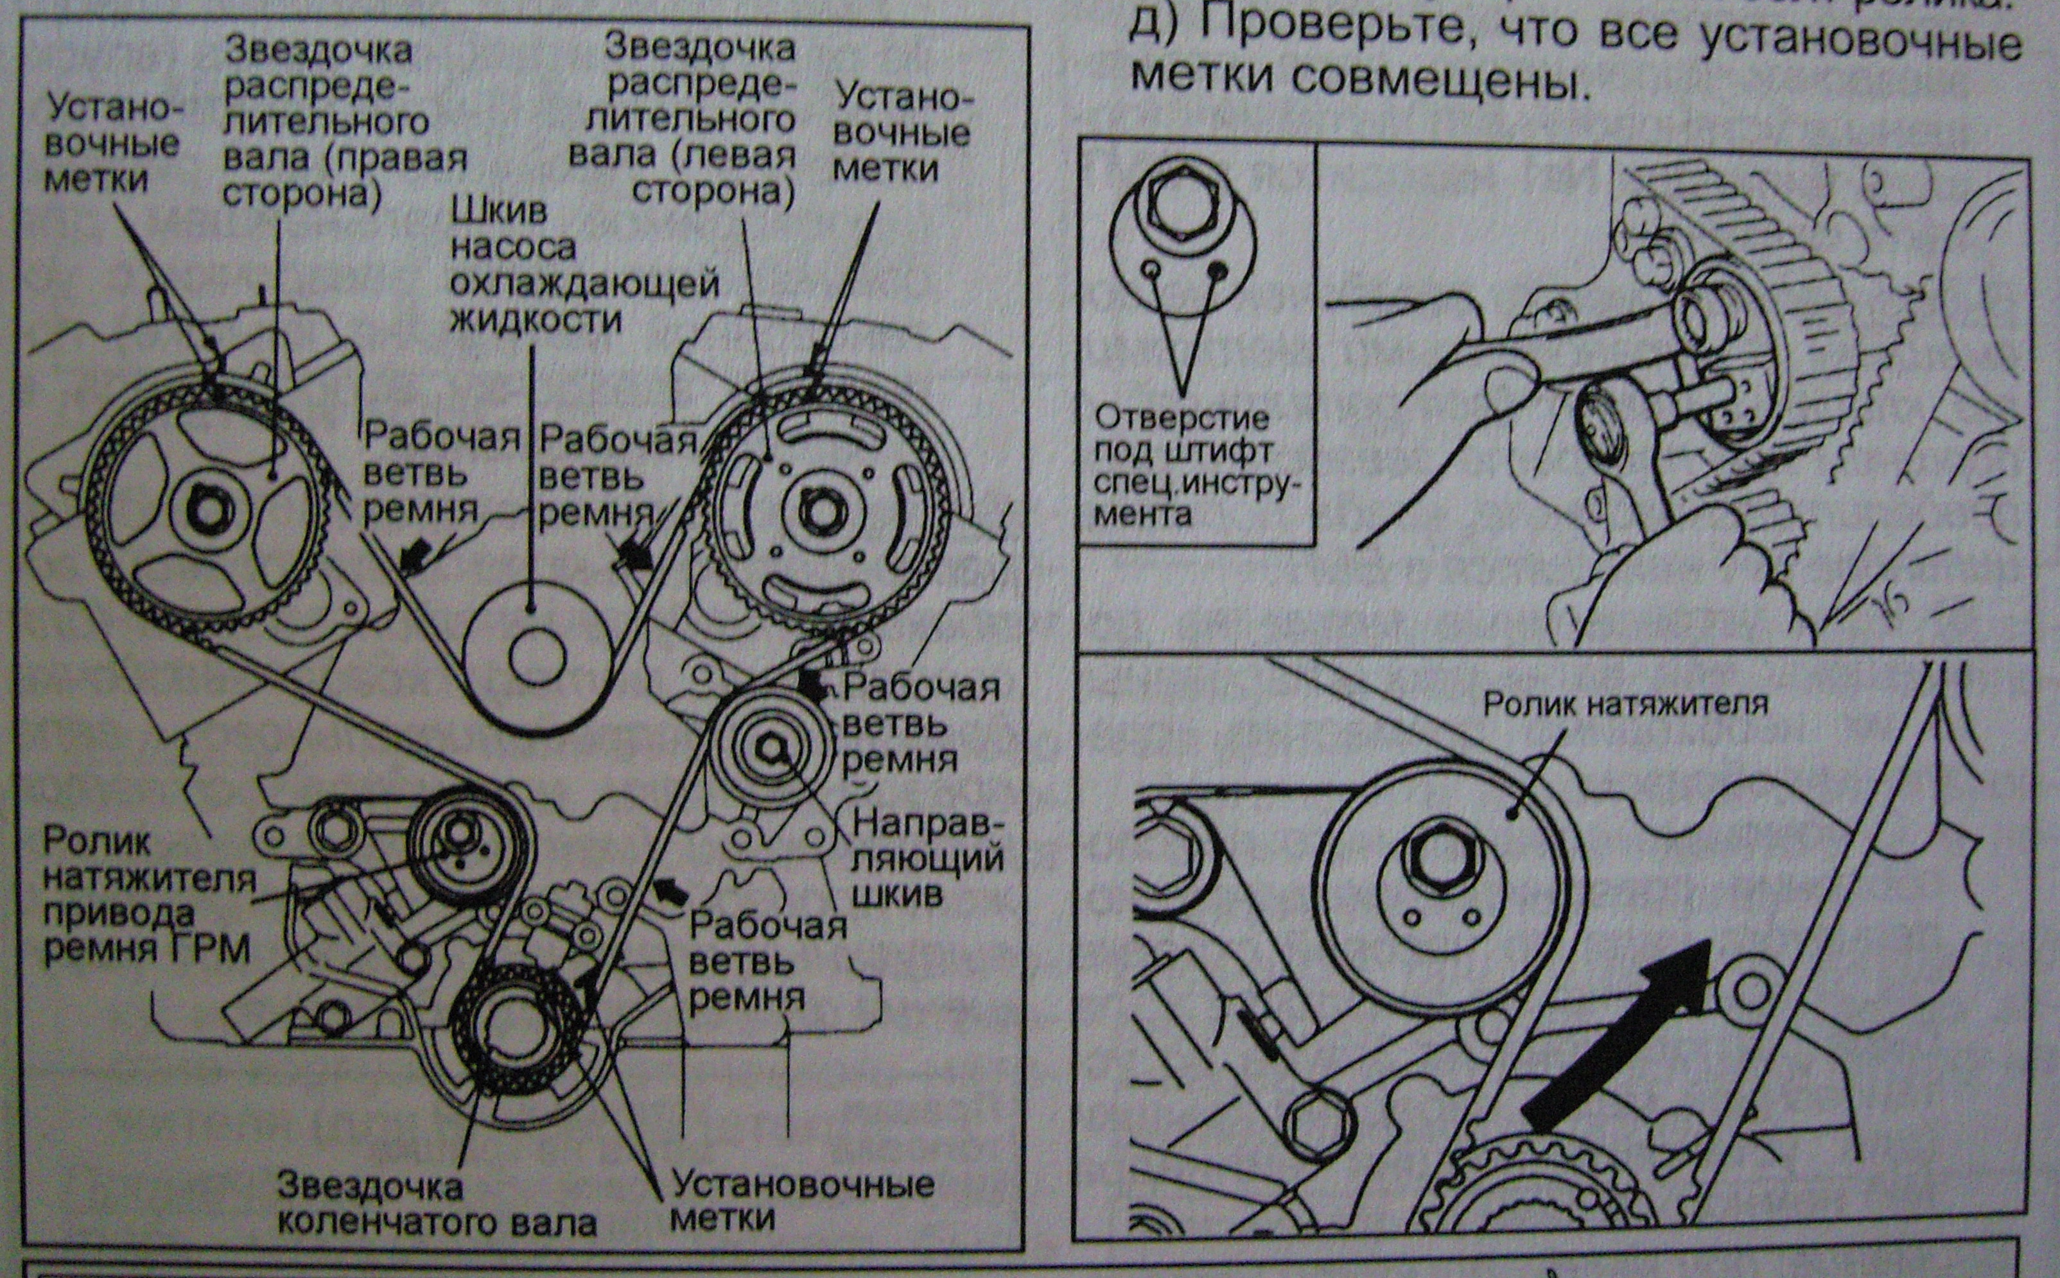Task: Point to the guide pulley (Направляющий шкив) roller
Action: tap(771, 747)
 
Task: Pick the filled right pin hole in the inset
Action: tap(1218, 270)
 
